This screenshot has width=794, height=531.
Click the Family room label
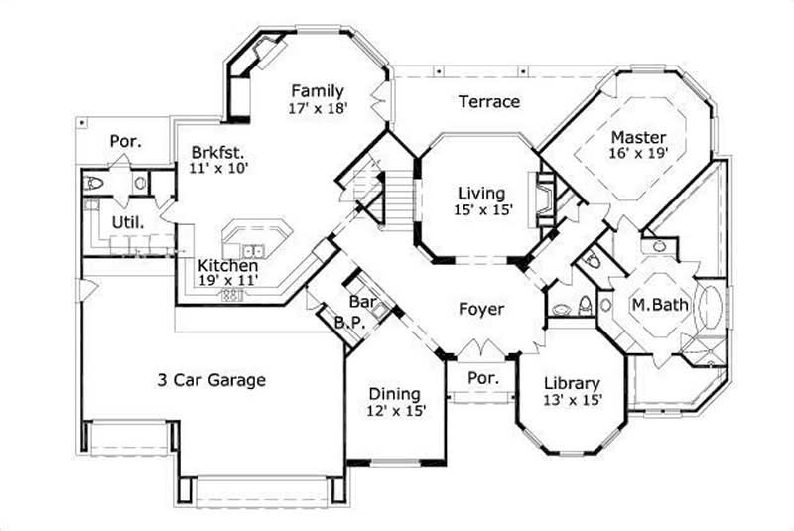click(x=318, y=91)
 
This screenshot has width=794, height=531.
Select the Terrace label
click(x=488, y=101)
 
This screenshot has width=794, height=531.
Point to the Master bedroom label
click(x=638, y=136)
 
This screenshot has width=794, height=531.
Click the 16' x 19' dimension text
click(x=638, y=153)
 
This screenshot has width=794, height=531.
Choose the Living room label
click(x=481, y=193)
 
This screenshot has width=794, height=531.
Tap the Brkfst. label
click(x=218, y=152)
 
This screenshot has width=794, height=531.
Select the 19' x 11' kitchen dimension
click(x=227, y=281)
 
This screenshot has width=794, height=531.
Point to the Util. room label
click(x=129, y=223)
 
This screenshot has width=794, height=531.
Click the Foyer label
click(x=481, y=310)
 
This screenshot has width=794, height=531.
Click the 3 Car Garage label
click(x=210, y=379)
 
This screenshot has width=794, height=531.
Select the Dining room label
click(x=394, y=393)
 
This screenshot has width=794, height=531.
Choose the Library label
click(x=572, y=383)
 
